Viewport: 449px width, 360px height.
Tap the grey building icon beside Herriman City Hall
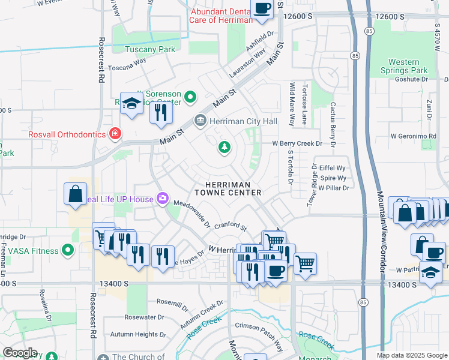click(200, 122)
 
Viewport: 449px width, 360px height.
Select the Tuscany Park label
click(150, 49)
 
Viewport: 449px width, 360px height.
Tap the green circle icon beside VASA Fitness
click(68, 250)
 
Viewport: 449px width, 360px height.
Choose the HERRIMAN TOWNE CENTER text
click(228, 188)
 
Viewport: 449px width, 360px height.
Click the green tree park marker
click(224, 147)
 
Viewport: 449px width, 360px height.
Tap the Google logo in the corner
click(20, 353)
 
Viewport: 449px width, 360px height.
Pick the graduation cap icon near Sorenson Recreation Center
click(131, 103)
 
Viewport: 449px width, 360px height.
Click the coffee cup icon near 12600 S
click(262, 9)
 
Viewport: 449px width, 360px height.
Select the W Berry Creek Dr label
click(297, 144)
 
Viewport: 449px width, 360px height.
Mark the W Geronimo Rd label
click(424, 137)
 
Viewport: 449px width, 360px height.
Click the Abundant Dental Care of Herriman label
click(220, 16)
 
